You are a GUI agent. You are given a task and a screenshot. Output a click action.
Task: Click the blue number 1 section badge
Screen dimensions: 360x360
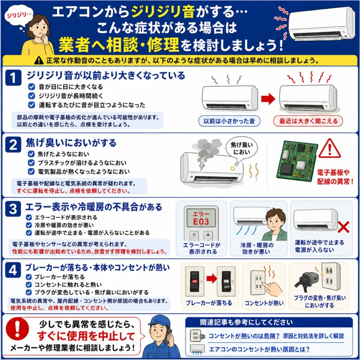click(13, 78)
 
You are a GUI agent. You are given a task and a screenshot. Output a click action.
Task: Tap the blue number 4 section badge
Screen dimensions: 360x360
click(13, 270)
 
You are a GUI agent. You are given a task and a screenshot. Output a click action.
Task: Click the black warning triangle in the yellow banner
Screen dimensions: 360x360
click(39, 60)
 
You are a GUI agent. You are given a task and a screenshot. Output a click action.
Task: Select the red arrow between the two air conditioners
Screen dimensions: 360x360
click(268, 99)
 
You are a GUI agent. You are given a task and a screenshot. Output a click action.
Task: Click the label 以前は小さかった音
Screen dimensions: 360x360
click(229, 121)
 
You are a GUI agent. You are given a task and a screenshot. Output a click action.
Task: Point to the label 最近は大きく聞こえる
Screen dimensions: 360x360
click(308, 121)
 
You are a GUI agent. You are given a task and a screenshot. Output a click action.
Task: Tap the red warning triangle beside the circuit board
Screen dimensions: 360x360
click(330, 148)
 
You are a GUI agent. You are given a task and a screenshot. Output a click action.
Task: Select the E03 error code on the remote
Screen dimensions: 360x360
click(201, 221)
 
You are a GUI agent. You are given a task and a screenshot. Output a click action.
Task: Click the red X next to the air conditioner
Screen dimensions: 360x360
click(344, 227)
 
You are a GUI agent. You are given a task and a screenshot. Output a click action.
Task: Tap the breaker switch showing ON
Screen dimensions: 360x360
click(194, 281)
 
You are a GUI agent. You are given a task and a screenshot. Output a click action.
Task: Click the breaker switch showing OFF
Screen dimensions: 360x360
click(226, 282)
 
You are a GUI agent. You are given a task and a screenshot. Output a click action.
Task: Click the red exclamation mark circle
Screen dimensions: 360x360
click(18, 329)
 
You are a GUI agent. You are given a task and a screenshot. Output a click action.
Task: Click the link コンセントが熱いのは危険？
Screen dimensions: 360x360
click(244, 336)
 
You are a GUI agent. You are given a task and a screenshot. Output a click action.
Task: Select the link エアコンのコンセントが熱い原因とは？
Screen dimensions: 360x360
click(259, 349)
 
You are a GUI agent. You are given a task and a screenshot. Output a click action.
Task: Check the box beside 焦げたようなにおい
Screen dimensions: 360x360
click(31, 154)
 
